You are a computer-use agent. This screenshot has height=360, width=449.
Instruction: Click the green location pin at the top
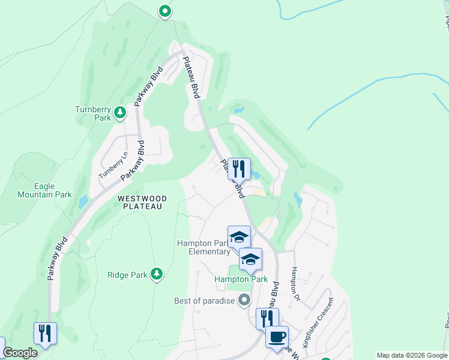164,11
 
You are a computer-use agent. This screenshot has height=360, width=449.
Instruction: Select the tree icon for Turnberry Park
120,112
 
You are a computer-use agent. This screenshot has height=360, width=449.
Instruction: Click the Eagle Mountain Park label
53,190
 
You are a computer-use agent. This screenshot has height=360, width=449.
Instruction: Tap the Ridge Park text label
127,275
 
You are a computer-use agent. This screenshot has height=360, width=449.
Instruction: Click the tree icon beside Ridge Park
157,274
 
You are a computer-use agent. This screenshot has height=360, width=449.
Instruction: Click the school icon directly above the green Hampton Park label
250,259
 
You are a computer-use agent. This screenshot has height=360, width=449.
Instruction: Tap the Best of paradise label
204,301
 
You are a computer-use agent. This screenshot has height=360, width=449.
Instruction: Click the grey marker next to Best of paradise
243,299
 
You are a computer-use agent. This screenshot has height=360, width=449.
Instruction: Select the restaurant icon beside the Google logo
45,333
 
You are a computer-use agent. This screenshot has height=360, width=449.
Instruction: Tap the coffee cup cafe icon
277,337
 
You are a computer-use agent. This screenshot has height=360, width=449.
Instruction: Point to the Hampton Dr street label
295,283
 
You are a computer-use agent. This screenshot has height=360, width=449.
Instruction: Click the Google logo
20,353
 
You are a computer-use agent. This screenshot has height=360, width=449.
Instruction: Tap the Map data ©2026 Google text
412,355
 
